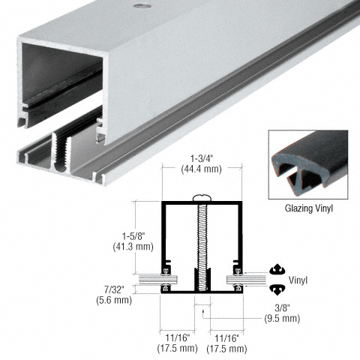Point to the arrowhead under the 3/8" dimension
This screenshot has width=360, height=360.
(x=201, y=307)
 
